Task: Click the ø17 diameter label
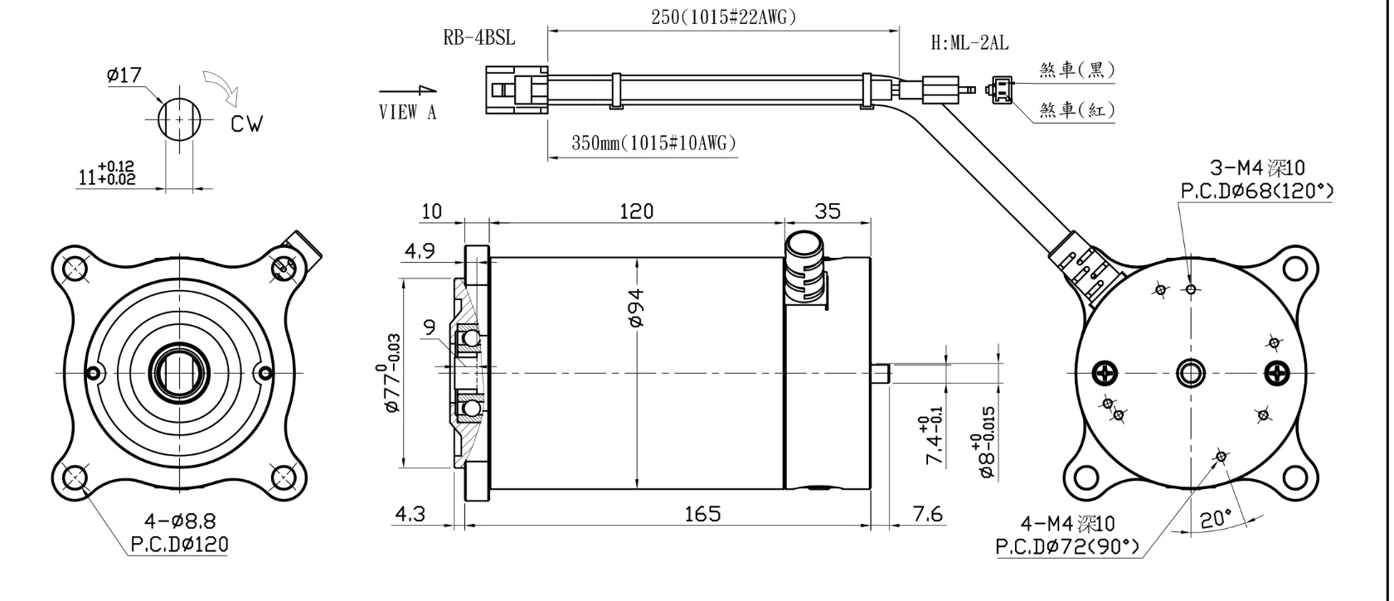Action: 124,75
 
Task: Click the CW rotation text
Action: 246,124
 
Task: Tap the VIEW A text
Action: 407,112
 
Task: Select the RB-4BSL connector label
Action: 479,38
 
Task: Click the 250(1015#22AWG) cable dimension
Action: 723,17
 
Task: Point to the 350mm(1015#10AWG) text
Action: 653,143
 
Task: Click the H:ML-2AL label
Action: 969,43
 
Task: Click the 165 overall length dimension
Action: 702,514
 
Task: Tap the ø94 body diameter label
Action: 637,309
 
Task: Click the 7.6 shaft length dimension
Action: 926,514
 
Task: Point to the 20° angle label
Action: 1217,521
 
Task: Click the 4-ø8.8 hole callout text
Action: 180,521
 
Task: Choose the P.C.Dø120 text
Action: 180,545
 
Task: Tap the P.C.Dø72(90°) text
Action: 1067,547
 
